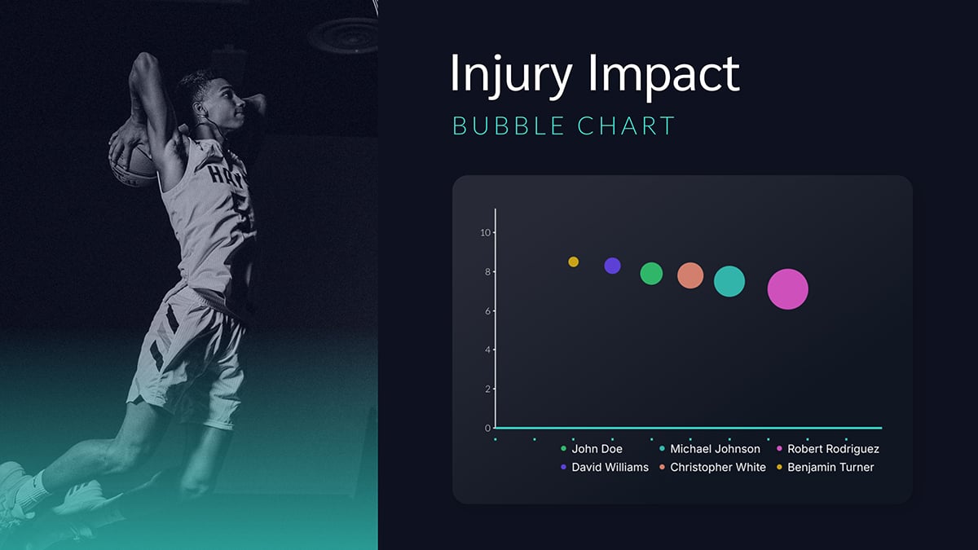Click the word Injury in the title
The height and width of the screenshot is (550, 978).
pyautogui.click(x=507, y=74)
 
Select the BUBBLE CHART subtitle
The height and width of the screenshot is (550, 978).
pyautogui.click(x=563, y=126)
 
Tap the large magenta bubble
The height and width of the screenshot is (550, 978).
pyautogui.click(x=787, y=289)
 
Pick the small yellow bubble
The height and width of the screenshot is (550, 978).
pyautogui.click(x=573, y=262)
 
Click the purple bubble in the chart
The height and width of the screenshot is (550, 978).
pyautogui.click(x=612, y=266)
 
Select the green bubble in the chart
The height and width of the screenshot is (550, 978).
pyautogui.click(x=651, y=273)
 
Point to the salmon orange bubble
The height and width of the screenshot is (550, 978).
pyautogui.click(x=690, y=275)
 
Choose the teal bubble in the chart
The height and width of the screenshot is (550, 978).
pyautogui.click(x=729, y=281)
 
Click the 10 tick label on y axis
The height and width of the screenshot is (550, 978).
pyautogui.click(x=485, y=233)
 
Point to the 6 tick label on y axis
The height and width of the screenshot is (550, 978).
pyautogui.click(x=487, y=311)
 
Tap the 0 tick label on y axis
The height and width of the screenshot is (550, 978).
pyautogui.click(x=487, y=429)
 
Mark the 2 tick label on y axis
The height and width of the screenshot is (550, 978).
pyautogui.click(x=487, y=389)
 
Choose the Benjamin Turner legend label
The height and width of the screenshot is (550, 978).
pyautogui.click(x=830, y=467)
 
